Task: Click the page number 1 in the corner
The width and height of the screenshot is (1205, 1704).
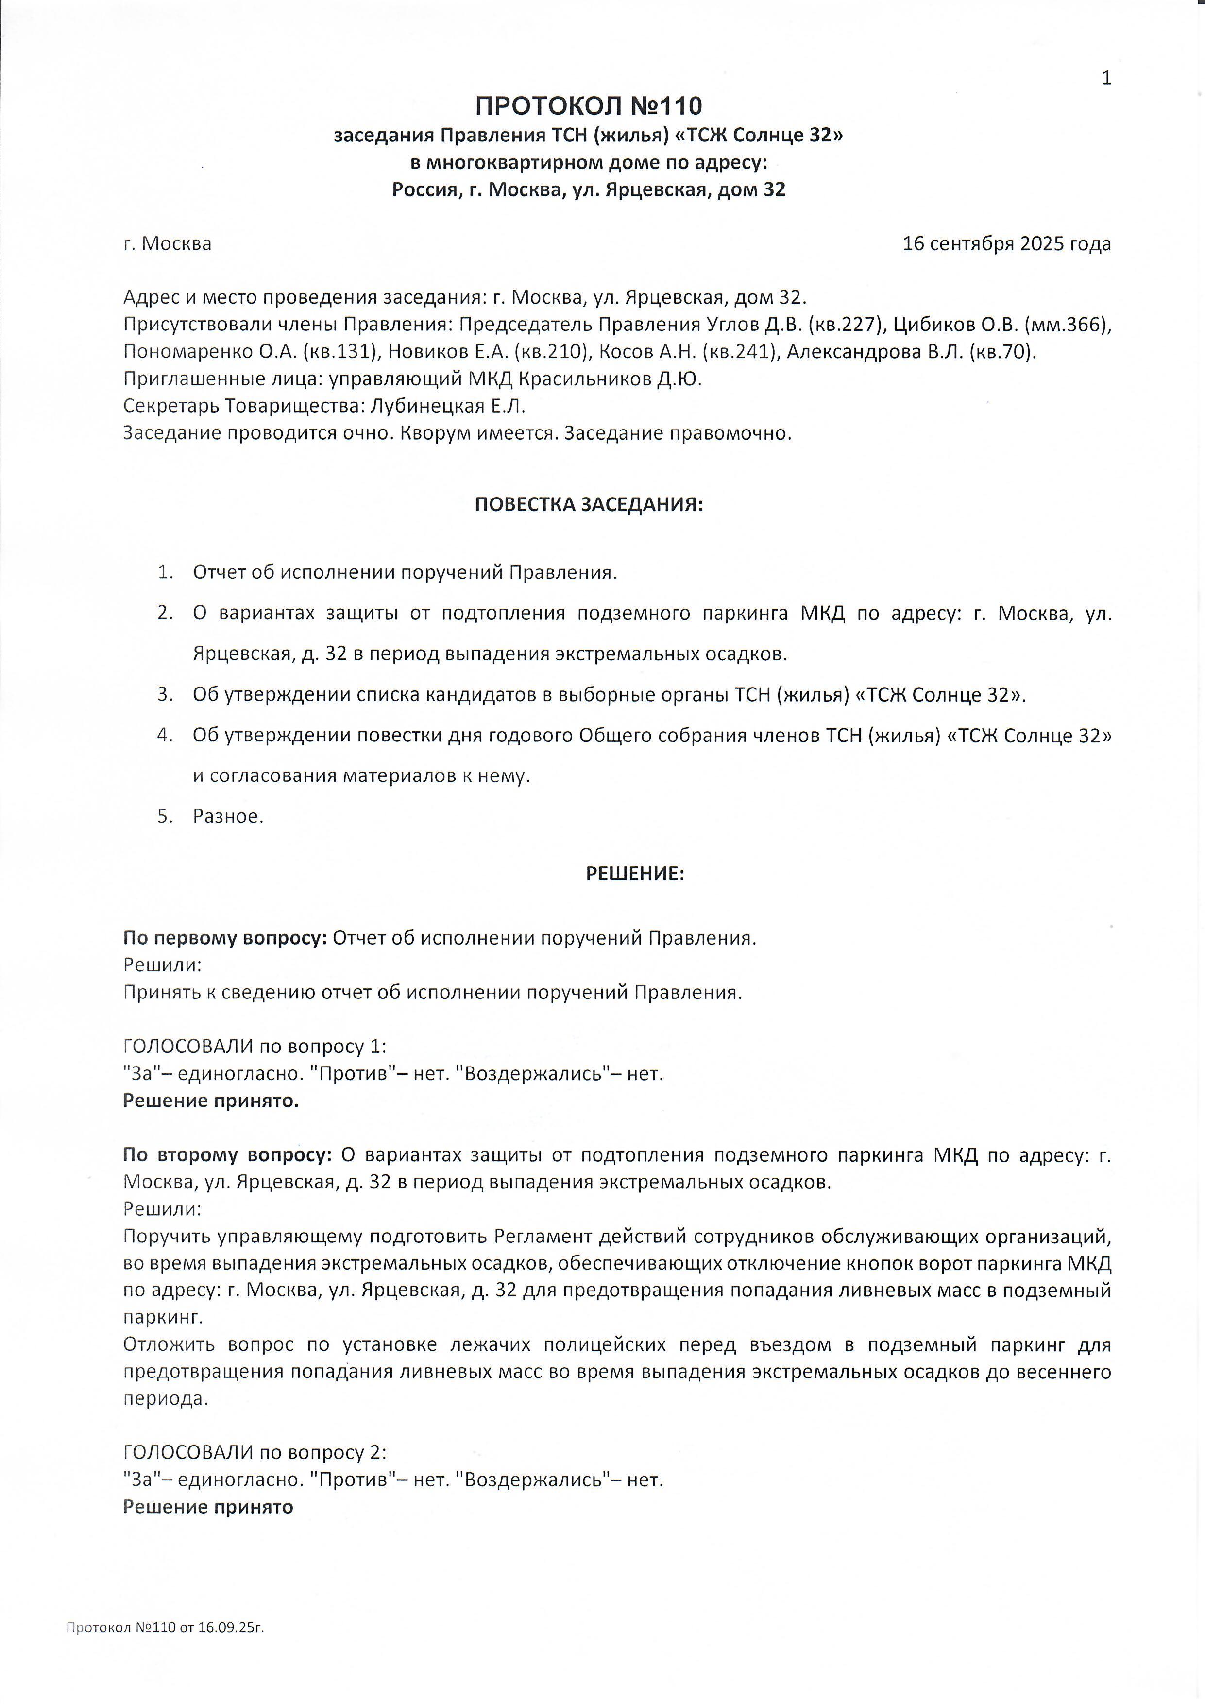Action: click(x=1106, y=78)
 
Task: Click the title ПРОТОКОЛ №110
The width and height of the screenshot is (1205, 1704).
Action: click(x=588, y=106)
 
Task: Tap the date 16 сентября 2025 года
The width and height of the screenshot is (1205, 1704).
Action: click(x=1006, y=243)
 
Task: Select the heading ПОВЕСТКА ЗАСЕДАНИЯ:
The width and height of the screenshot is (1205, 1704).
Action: click(x=588, y=505)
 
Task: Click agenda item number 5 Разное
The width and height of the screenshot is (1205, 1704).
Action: click(x=228, y=816)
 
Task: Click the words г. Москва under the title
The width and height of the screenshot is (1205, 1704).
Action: click(x=167, y=243)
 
